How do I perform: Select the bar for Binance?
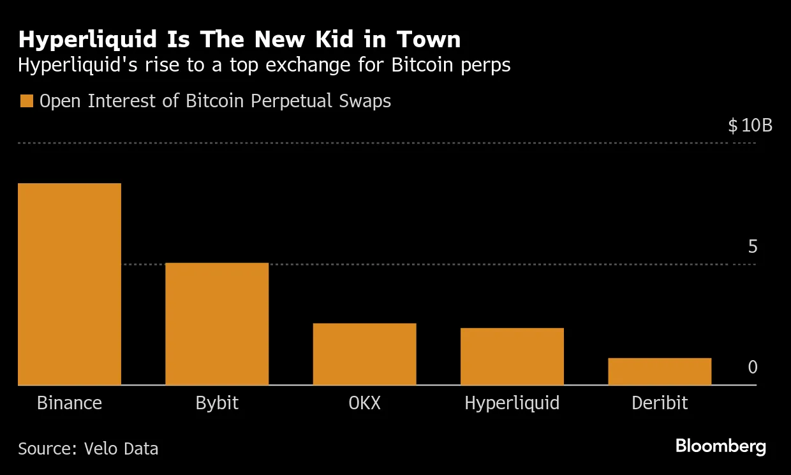click(70, 284)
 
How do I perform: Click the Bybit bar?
click(217, 324)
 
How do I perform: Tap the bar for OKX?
click(364, 354)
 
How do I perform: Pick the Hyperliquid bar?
click(512, 356)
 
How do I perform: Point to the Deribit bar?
click(660, 372)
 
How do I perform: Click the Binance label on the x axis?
click(70, 403)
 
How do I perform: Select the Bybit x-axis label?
click(217, 403)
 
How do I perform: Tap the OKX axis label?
click(364, 403)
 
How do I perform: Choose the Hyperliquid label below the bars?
click(512, 403)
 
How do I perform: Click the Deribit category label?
click(660, 403)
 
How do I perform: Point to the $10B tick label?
click(750, 125)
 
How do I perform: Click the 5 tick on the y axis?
click(753, 246)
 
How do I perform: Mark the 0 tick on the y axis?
click(753, 367)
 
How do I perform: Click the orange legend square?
click(26, 101)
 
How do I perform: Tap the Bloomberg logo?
click(721, 446)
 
